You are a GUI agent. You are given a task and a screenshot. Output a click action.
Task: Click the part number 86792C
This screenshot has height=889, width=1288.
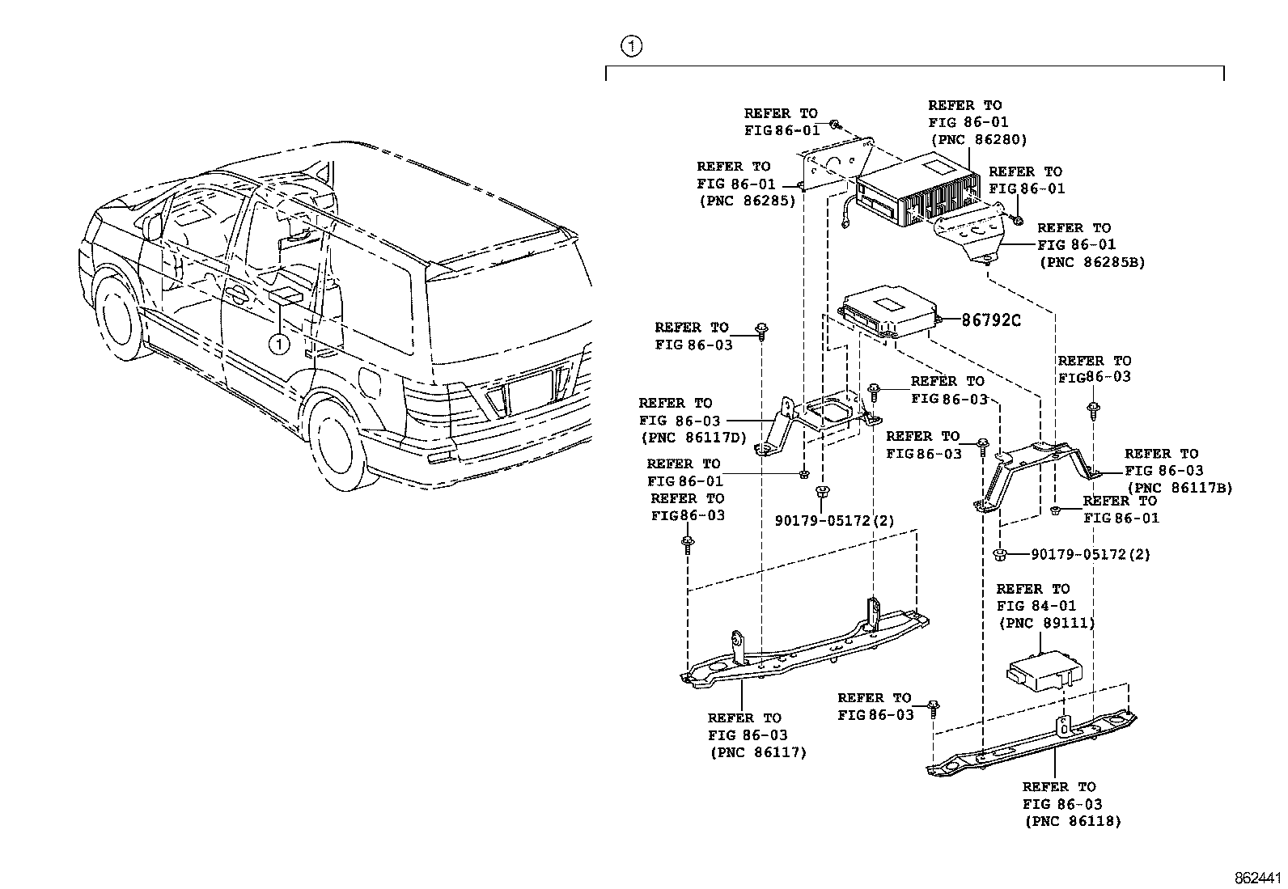point(991,320)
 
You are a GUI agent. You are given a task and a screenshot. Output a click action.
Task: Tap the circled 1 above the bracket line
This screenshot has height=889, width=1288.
point(632,46)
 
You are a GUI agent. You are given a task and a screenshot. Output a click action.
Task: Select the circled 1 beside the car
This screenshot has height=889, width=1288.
point(278,345)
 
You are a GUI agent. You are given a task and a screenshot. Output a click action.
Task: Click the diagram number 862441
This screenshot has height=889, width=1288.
point(1258,878)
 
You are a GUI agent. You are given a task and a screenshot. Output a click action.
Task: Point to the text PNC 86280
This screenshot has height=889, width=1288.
point(978,139)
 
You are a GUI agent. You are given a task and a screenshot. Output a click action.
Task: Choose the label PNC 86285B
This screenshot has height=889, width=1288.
point(1091,262)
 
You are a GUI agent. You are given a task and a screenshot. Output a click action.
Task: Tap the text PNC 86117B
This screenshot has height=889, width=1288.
point(1180,488)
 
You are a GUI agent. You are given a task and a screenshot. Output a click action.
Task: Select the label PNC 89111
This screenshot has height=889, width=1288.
point(1047,623)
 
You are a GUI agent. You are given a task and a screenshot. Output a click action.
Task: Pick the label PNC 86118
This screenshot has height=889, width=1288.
point(1073,821)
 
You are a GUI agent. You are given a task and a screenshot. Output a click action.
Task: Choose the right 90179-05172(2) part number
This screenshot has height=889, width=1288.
point(1091,555)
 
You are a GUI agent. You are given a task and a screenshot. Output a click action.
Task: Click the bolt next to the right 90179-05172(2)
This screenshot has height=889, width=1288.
point(1000,554)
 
